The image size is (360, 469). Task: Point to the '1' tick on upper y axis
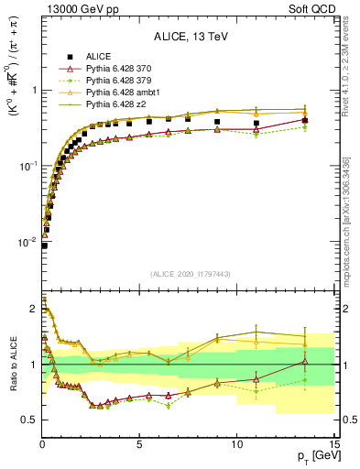(x=35, y=91)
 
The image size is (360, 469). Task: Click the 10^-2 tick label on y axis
(x=30, y=242)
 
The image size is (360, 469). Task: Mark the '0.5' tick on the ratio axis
(x=31, y=420)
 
